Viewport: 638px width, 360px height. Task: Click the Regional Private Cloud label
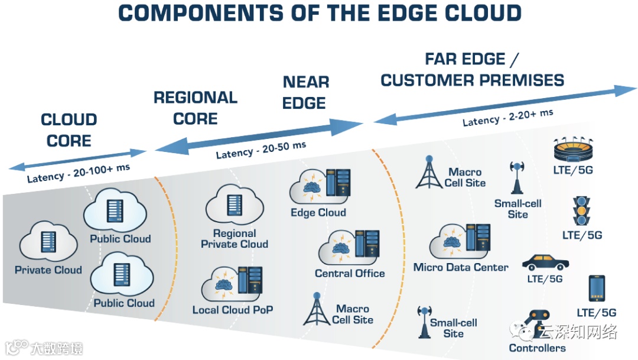point(235,239)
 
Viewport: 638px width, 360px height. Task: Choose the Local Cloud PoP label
point(233,310)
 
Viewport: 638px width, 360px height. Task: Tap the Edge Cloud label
point(318,213)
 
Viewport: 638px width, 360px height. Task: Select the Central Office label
point(350,274)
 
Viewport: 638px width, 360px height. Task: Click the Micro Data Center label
point(461,267)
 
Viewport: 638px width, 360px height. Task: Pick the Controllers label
point(537,348)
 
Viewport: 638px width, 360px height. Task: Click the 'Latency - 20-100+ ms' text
point(79,174)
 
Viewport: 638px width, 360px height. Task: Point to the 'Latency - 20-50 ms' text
point(261,150)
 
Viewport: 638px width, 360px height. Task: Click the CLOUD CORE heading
point(69,131)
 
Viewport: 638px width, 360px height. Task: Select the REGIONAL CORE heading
point(196,108)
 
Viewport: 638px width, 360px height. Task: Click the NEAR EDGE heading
point(305,92)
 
